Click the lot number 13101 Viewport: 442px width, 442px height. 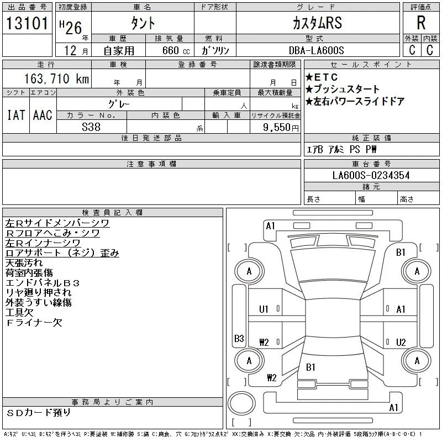[27, 23]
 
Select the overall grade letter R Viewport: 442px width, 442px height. [421, 23]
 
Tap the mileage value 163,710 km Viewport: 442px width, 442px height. [57, 78]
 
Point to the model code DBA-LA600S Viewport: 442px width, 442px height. [316, 50]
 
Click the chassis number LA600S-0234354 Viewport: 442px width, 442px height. [371, 175]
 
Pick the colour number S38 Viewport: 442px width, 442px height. [91, 127]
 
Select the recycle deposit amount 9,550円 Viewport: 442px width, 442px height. [281, 128]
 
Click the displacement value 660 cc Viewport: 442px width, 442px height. [176, 50]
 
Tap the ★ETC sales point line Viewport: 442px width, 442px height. [322, 77]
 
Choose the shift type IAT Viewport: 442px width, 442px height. [16, 115]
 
